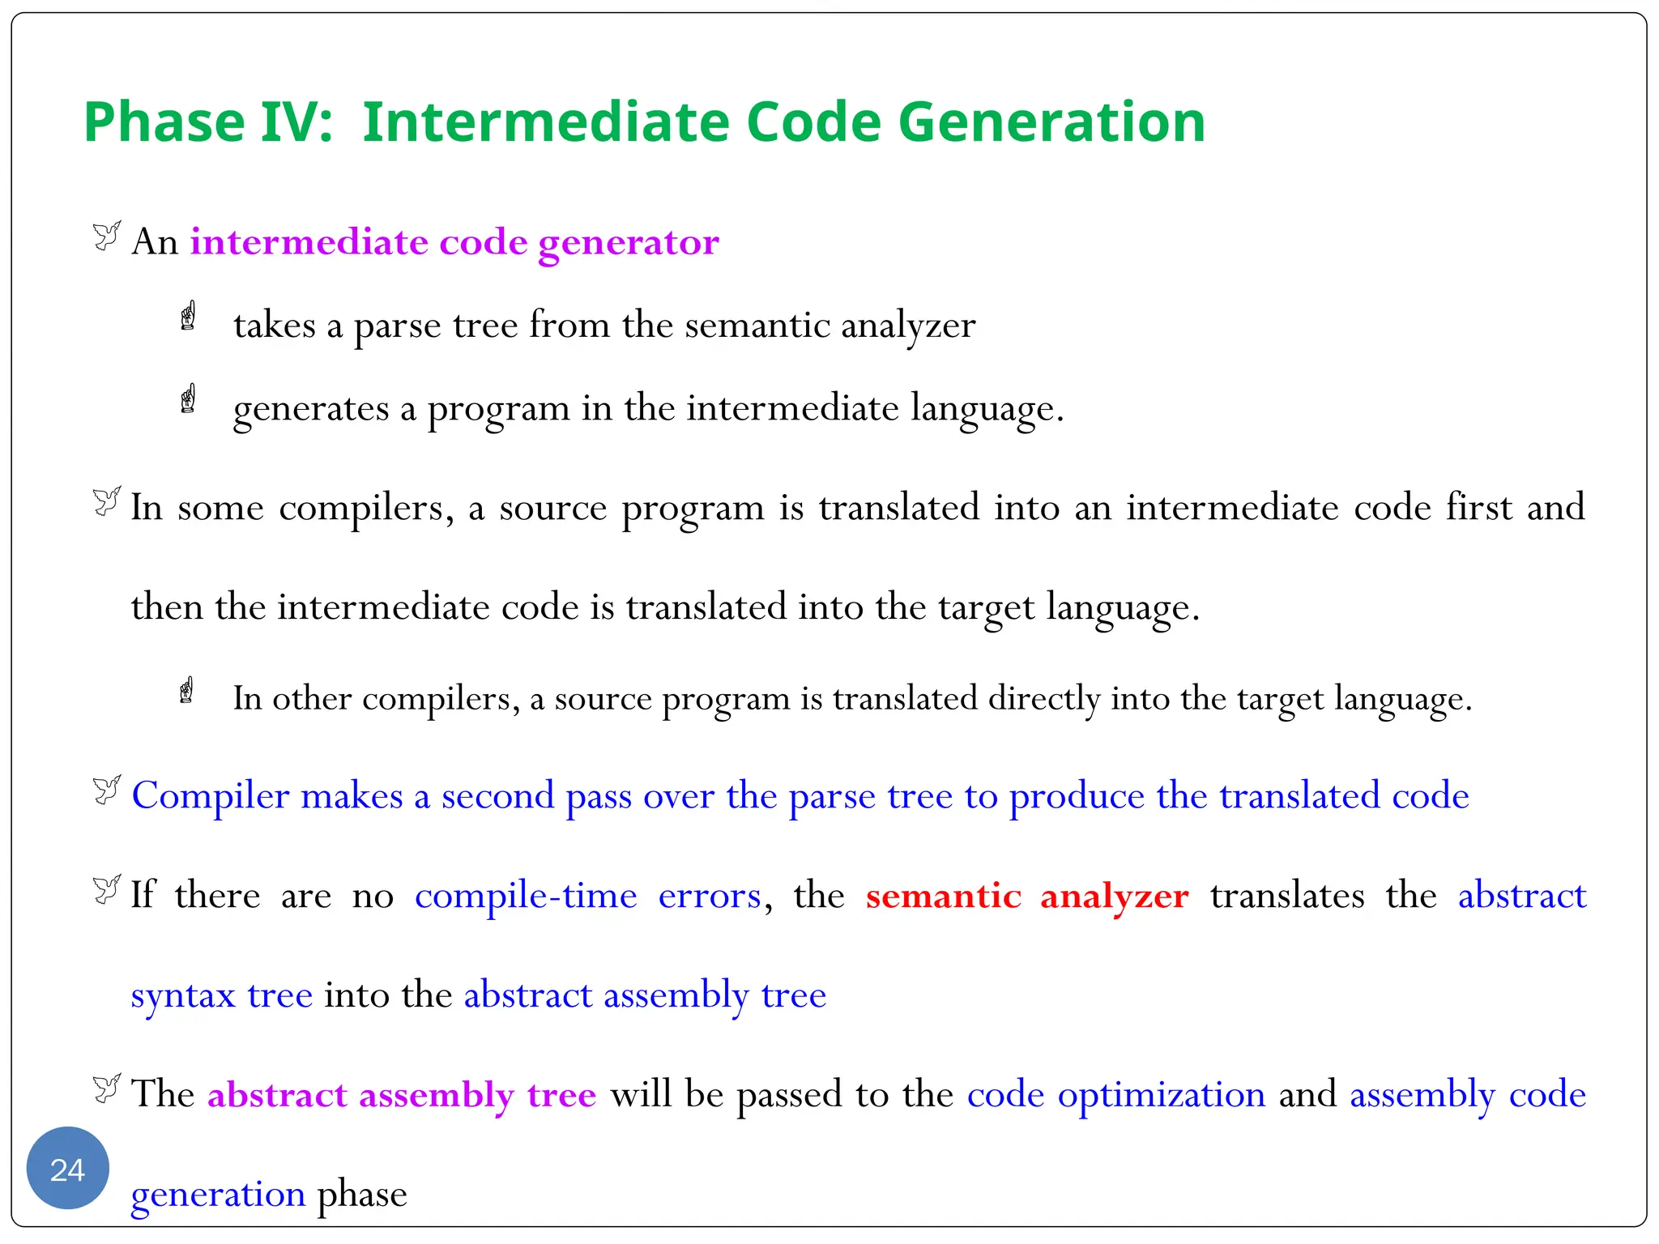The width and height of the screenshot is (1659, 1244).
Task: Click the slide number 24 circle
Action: coord(67,1169)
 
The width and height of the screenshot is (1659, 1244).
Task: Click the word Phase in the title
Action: coord(164,122)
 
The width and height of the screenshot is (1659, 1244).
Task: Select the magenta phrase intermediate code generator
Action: coord(454,242)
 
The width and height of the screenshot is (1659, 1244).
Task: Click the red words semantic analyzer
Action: coord(1026,896)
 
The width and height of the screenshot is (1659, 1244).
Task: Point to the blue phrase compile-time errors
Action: coord(588,896)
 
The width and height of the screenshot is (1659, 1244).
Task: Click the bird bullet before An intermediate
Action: coord(106,236)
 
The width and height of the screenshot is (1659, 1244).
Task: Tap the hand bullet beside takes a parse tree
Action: coord(188,316)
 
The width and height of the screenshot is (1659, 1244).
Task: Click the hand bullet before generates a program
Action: coord(188,398)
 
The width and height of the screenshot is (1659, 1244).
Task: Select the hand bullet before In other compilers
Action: coord(186,691)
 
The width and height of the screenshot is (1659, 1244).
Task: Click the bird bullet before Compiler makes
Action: coord(106,790)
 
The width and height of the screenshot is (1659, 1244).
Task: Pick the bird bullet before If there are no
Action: coord(106,889)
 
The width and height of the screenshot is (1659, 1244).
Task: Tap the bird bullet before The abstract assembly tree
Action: coord(106,1088)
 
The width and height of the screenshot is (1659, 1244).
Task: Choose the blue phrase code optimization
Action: coord(1115,1094)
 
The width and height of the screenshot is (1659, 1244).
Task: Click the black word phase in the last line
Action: coord(361,1195)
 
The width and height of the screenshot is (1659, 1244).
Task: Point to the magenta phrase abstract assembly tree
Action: coord(402,1095)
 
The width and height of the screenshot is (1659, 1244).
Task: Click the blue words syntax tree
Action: coord(221,995)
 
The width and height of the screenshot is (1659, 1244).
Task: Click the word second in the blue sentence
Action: coord(497,796)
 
